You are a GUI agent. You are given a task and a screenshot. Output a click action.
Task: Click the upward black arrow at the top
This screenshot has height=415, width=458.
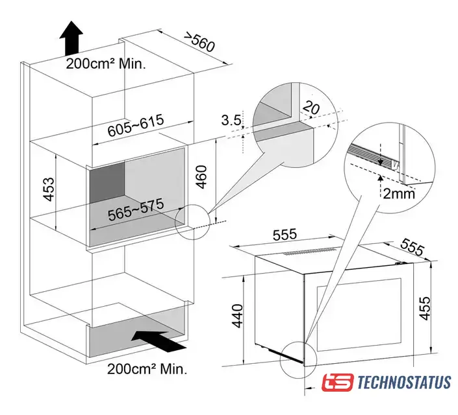(x=71, y=38)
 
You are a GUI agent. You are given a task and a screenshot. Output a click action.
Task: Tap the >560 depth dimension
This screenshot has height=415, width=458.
(x=199, y=43)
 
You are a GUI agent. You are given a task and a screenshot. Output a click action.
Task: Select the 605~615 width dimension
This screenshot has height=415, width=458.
(x=136, y=126)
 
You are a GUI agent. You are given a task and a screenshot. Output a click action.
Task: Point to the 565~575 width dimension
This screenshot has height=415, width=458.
(x=136, y=209)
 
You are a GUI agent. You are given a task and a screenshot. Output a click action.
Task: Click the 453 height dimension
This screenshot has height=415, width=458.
(x=49, y=189)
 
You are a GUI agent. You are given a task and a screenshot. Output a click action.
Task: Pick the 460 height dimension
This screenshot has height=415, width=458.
(x=201, y=177)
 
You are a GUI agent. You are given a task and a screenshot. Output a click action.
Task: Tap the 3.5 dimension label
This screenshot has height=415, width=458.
(x=231, y=120)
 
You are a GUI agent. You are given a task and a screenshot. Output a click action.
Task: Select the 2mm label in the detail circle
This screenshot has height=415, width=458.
(x=399, y=193)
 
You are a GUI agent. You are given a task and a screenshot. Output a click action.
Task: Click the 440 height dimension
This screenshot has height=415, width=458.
(x=236, y=316)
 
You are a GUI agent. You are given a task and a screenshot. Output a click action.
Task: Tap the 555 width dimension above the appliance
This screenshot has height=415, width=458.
(x=285, y=235)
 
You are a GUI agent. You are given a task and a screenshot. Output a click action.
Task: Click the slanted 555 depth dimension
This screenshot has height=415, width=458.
(x=412, y=246)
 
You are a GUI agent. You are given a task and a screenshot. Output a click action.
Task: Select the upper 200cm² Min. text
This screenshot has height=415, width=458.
(x=105, y=64)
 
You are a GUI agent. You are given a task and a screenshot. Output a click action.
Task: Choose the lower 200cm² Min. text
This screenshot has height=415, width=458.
(x=147, y=369)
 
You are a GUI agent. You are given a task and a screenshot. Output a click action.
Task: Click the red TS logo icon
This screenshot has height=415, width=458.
(x=338, y=383)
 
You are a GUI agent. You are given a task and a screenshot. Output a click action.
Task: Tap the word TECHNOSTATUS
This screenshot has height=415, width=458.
(x=404, y=383)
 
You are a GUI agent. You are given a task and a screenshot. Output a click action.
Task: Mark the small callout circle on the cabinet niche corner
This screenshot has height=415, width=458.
(x=192, y=222)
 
